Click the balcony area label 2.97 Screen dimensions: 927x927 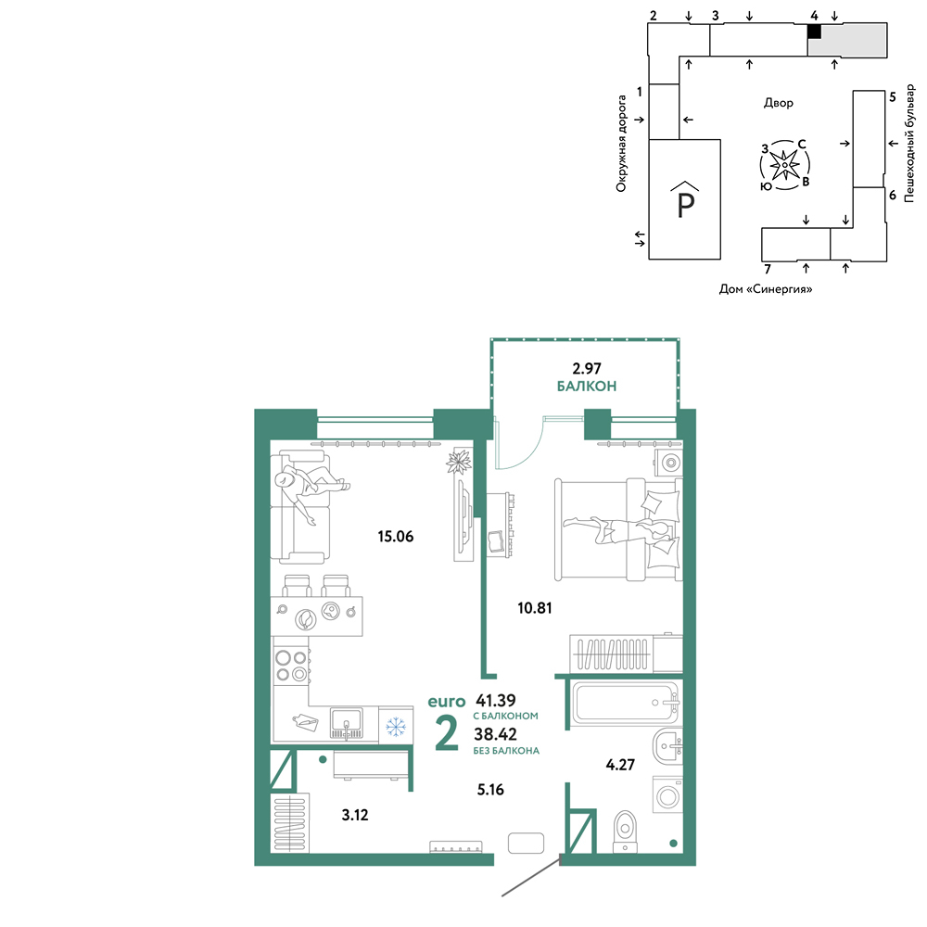coord(587,368)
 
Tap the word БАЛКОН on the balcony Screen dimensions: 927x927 coord(587,386)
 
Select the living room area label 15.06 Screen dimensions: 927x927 coord(396,536)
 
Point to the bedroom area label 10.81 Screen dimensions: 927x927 coord(535,608)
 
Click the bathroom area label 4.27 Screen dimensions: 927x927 coord(620,765)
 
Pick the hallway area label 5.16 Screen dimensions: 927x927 coord(490,789)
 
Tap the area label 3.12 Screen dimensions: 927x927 coord(355,815)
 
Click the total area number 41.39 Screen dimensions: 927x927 coord(496,701)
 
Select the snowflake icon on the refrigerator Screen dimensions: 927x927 coord(396,726)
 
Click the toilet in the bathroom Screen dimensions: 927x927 coord(625,830)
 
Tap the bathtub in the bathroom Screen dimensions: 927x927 coord(626,703)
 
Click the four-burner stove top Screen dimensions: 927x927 coord(291,665)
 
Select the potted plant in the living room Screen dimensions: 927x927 coord(458,461)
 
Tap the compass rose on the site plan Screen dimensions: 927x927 coord(784,166)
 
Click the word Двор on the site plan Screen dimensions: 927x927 coord(778,103)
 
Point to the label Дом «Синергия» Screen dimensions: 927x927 coord(766,289)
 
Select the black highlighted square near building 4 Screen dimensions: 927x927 coord(815,32)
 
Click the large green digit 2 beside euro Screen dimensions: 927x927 coord(447,732)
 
